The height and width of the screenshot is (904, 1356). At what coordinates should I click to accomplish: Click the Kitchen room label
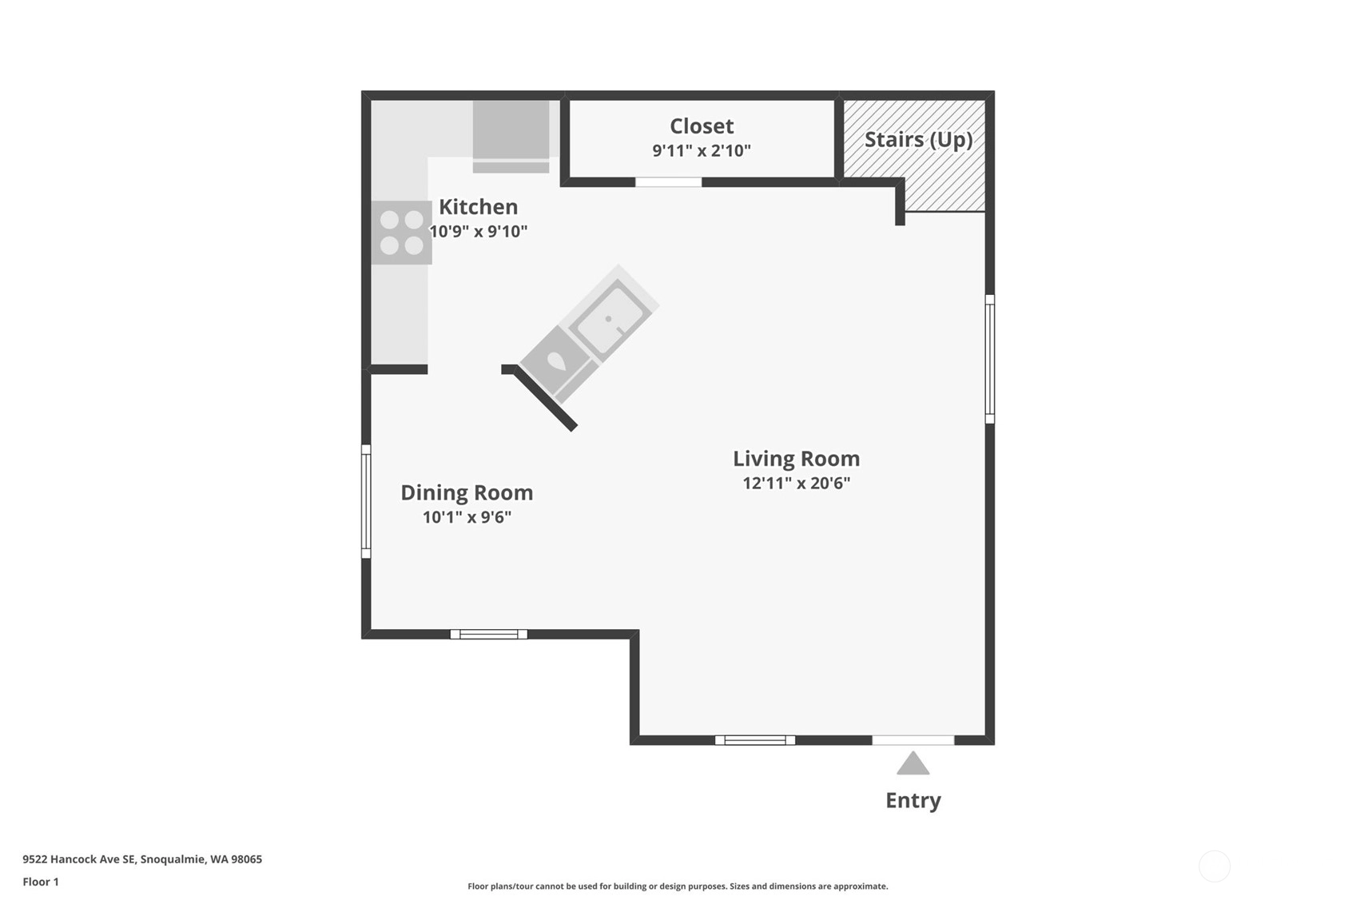(x=478, y=207)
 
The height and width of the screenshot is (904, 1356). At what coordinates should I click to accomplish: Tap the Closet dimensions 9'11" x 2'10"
(x=702, y=151)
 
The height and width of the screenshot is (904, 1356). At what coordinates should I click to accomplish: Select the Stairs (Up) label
(x=918, y=140)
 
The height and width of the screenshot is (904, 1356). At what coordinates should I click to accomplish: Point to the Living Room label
(x=796, y=459)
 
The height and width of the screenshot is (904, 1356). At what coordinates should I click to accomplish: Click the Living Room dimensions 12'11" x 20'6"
(x=797, y=484)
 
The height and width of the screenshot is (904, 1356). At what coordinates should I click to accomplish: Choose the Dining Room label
(x=467, y=493)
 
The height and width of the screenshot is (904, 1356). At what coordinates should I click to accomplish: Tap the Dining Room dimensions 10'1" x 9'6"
(x=467, y=517)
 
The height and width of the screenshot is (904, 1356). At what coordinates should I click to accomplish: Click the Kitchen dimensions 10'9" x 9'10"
(x=478, y=231)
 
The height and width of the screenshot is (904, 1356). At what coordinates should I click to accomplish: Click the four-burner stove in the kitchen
(x=401, y=233)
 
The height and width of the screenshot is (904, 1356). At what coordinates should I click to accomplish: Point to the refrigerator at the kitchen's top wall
(x=511, y=136)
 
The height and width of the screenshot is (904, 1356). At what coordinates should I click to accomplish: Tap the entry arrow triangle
(x=913, y=763)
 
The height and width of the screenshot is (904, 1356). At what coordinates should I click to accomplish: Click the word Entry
(x=913, y=800)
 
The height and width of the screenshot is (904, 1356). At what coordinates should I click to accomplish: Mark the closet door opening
(x=668, y=182)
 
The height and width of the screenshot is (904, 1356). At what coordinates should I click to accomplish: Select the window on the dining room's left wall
(x=366, y=501)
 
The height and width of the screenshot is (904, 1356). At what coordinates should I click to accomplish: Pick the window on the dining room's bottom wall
(x=488, y=635)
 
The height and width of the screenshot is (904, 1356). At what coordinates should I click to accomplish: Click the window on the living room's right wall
(x=990, y=359)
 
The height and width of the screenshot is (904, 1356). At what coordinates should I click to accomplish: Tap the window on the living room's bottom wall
(x=755, y=740)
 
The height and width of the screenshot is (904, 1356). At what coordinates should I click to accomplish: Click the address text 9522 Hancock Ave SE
(x=78, y=859)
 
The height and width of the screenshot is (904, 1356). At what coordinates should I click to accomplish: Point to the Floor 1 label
(x=41, y=882)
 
